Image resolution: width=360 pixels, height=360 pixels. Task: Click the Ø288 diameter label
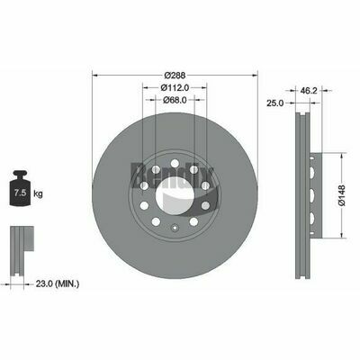click(175, 76)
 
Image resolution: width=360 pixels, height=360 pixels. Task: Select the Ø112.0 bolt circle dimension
click(175, 88)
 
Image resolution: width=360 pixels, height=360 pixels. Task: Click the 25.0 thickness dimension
click(276, 103)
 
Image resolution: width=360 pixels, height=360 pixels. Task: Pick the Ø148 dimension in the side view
click(341, 190)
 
